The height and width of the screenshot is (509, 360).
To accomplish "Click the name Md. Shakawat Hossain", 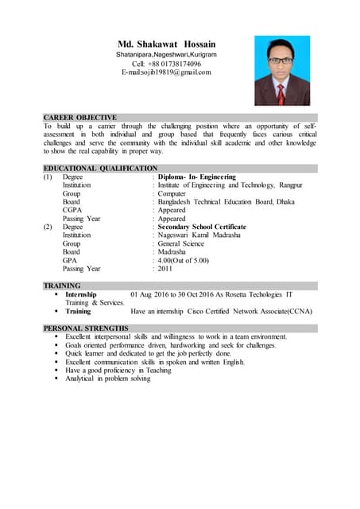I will pyautogui.click(x=167, y=43).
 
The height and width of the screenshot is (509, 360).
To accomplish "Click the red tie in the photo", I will pyautogui.click(x=281, y=94).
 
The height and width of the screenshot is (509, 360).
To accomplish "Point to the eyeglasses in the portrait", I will pyautogui.click(x=281, y=60).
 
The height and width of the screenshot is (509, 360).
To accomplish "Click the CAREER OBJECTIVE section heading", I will pyautogui.click(x=80, y=117).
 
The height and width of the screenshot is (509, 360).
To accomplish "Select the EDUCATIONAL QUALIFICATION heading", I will pyautogui.click(x=100, y=168).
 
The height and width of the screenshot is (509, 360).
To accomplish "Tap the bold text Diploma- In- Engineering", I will pyautogui.click(x=197, y=177).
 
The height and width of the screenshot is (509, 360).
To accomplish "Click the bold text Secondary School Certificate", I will pyautogui.click(x=202, y=227).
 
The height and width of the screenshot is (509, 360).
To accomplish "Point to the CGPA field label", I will pyautogui.click(x=72, y=210).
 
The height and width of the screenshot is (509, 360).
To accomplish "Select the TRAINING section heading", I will pyautogui.click(x=62, y=285).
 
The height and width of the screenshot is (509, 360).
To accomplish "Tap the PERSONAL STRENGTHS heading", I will pyautogui.click(x=86, y=328).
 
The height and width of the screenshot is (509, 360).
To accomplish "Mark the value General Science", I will pyautogui.click(x=184, y=243).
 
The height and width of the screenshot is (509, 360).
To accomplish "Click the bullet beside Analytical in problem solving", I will pyautogui.click(x=58, y=379).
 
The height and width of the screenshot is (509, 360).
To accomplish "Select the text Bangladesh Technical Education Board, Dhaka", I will pyautogui.click(x=224, y=202).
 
